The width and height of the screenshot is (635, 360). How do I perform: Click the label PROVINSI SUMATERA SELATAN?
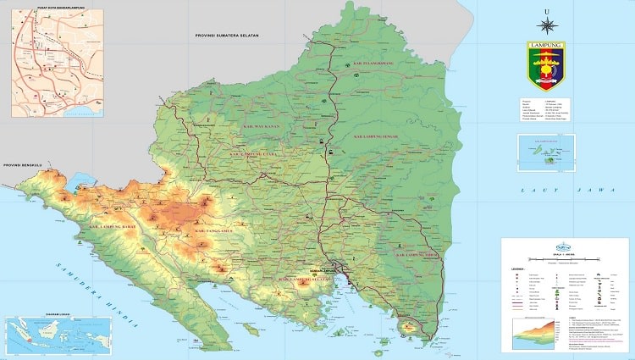pos(226,36)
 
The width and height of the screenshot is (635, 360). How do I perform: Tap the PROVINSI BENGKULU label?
pos(23,166)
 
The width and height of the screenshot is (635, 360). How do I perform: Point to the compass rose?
pos(546,25)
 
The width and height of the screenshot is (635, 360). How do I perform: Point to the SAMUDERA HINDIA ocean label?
pos(96,293)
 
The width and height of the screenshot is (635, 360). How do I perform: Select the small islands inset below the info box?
pos(546,153)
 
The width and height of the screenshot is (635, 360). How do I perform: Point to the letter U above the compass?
pos(546,9)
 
